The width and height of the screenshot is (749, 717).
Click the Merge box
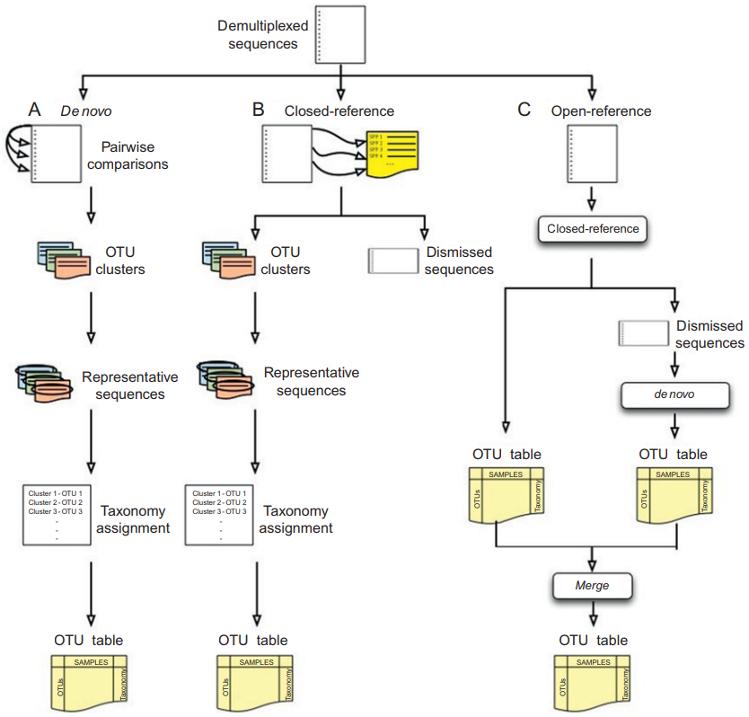pos(591,585)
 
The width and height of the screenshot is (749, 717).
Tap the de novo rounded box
pos(673,393)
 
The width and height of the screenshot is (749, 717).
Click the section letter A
pos(35,111)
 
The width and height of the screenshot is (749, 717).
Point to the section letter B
pos(258,111)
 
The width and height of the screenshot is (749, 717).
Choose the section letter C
pos(524,111)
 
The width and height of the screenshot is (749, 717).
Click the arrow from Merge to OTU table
pos(591,613)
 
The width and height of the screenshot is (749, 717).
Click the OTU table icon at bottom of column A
pos(91,684)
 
